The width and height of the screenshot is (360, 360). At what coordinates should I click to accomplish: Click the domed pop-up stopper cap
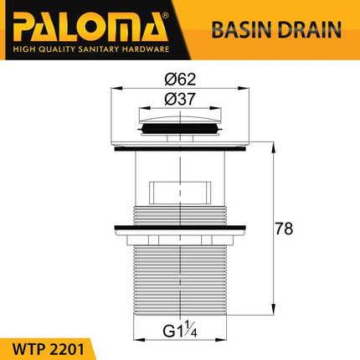176,126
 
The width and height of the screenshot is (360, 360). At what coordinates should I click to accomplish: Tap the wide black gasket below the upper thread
177,230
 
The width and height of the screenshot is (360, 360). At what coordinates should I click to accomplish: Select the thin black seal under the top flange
177,150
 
